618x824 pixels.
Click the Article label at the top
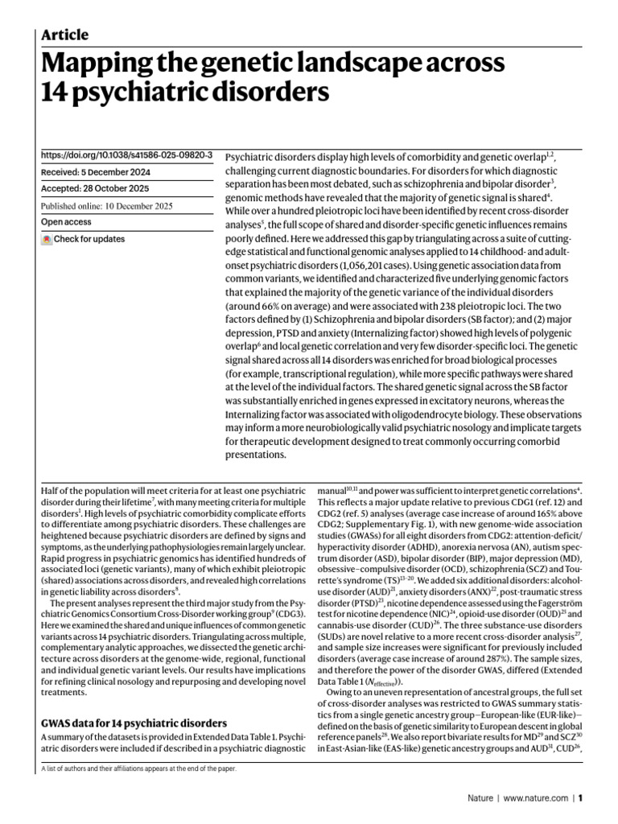pyautogui.click(x=64, y=35)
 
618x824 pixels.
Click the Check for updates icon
pyautogui.click(x=47, y=239)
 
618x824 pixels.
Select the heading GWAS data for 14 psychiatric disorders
pyautogui.click(x=134, y=723)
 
